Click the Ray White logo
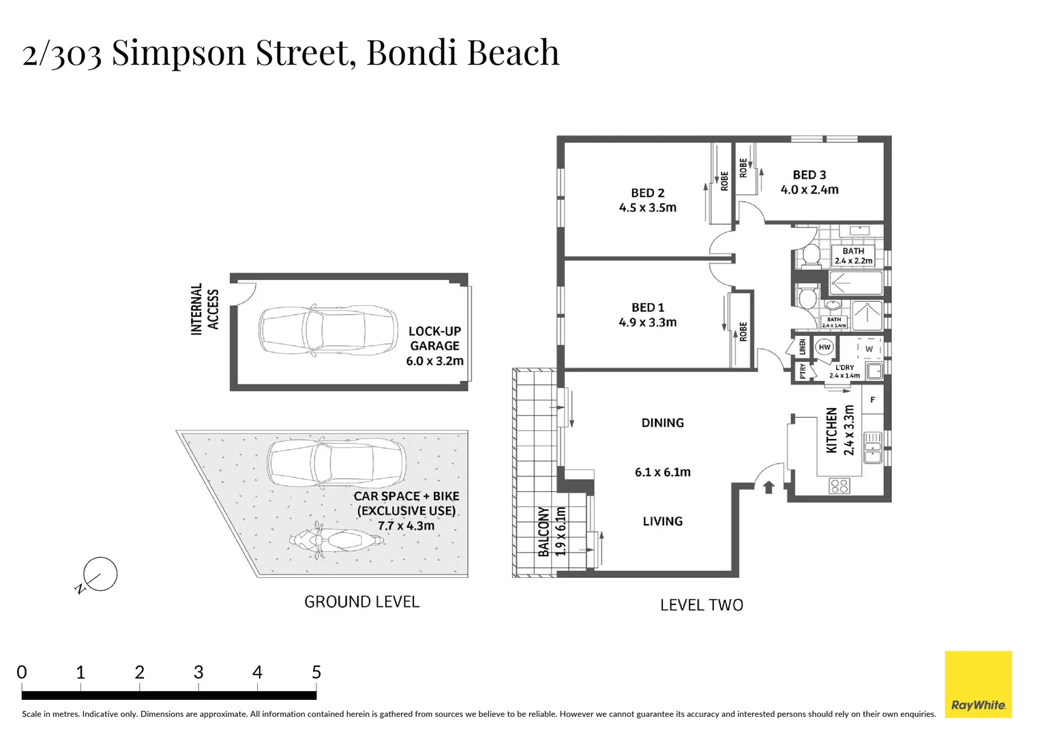pyautogui.click(x=979, y=684)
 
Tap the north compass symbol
pyautogui.click(x=96, y=576)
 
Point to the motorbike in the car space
pyautogui.click(x=336, y=540)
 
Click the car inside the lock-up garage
pyautogui.click(x=328, y=331)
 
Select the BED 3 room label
pyautogui.click(x=809, y=175)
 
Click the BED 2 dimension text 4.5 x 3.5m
pyautogui.click(x=648, y=207)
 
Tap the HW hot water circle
pyautogui.click(x=824, y=347)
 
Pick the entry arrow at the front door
pyautogui.click(x=769, y=487)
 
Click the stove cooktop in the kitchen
pyautogui.click(x=839, y=486)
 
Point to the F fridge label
pyautogui.click(x=873, y=399)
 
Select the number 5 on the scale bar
pyautogui.click(x=316, y=672)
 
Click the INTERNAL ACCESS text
pyautogui.click(x=205, y=309)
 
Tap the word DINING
pyautogui.click(x=662, y=423)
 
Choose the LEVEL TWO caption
pyautogui.click(x=702, y=605)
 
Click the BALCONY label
pyautogui.click(x=544, y=532)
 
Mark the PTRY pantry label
pyautogui.click(x=803, y=371)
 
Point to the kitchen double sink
pyautogui.click(x=873, y=448)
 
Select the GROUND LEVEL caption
pyautogui.click(x=362, y=602)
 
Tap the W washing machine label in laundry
pyautogui.click(x=869, y=349)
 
